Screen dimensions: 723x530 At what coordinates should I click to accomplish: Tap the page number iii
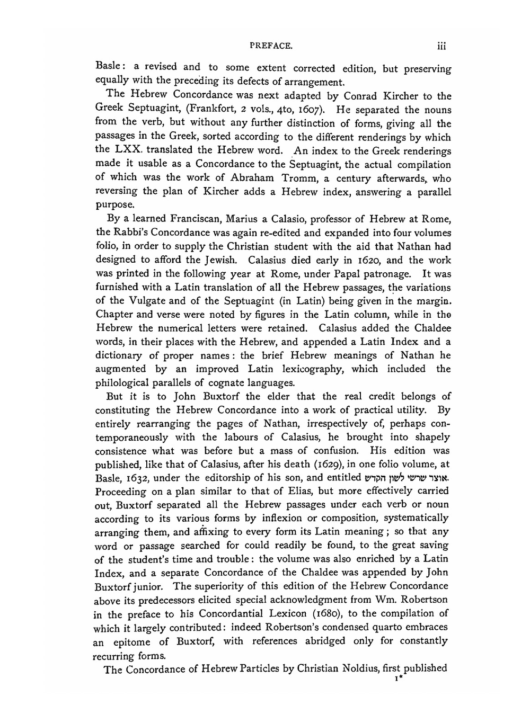[441, 46]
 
